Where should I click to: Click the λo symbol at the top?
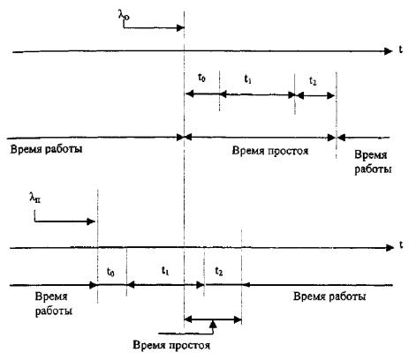[124, 15]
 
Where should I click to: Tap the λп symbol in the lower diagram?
[35, 198]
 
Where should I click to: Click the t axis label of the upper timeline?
[400, 49]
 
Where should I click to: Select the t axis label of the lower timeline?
[401, 244]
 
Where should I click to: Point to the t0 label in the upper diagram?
[201, 78]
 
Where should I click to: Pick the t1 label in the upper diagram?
[248, 79]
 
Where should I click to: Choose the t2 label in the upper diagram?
[313, 80]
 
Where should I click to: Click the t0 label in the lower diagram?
[110, 272]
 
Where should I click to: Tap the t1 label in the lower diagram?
[165, 271]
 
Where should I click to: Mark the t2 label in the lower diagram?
[218, 271]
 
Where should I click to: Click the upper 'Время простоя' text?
[270, 151]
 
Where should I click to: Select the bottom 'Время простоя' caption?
[171, 345]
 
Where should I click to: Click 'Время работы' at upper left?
[46, 149]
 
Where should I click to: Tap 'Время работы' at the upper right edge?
[373, 162]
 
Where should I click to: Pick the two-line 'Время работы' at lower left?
[54, 304]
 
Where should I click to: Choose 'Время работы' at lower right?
[329, 296]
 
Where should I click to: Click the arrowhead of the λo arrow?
[180, 28]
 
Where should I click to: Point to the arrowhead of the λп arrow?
[91, 221]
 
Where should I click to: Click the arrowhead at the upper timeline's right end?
[389, 51]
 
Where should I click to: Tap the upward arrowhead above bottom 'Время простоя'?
[213, 324]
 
